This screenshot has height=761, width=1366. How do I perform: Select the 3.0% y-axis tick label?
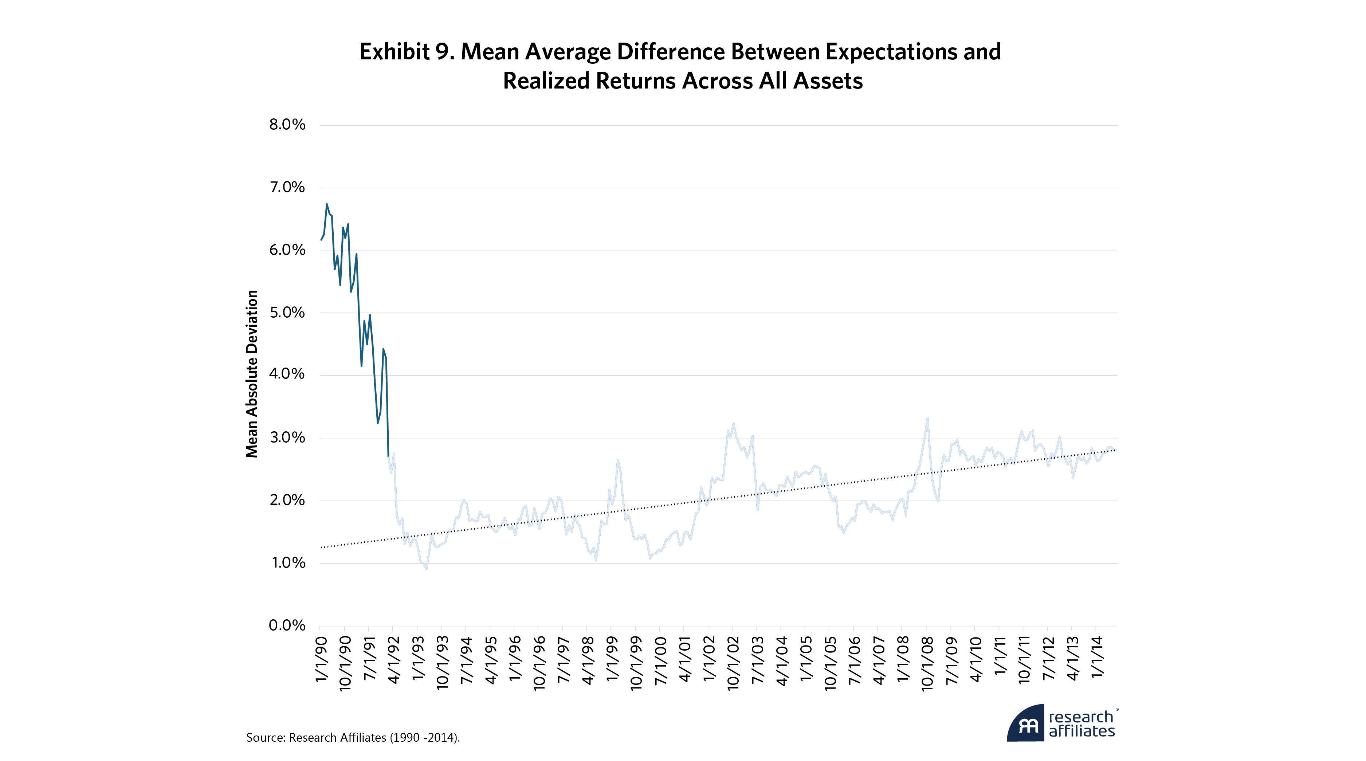point(287,438)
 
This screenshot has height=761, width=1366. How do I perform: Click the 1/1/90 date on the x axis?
point(321,659)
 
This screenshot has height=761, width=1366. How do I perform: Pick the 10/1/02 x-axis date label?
point(733,663)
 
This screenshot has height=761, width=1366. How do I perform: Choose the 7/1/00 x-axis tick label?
point(660,660)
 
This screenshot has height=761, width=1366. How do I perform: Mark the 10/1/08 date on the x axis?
point(927,663)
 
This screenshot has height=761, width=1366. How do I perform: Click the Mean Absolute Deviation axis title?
point(251,374)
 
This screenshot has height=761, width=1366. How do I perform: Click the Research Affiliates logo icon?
point(1026,723)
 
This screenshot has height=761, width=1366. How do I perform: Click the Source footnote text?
point(353,738)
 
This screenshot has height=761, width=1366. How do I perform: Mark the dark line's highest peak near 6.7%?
point(327,204)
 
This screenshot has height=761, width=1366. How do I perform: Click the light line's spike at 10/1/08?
point(927,418)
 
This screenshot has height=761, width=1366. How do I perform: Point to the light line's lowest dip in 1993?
point(426,569)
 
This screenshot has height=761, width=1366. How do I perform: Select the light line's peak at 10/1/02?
point(733,423)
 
